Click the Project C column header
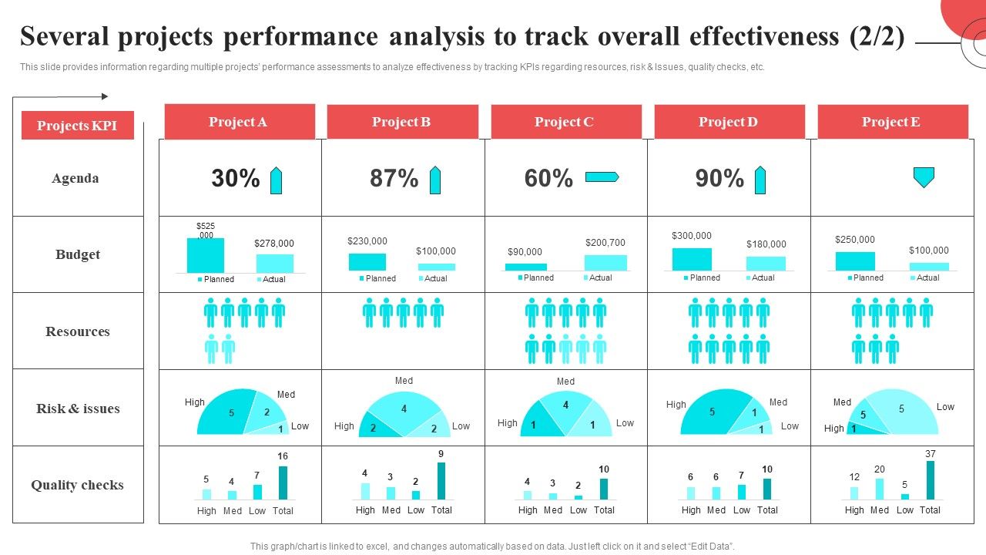coord(565,122)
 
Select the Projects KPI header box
coord(77,126)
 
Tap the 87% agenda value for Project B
coord(394,179)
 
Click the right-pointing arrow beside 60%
coord(602,177)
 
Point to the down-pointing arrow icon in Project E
coord(924,177)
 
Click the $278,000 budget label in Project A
coord(274,244)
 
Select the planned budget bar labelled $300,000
coord(692,259)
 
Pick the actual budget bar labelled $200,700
coord(605,263)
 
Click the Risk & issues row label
coord(78,409)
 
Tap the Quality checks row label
coord(77,485)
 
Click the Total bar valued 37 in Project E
coord(931,480)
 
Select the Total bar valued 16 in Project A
coord(283,483)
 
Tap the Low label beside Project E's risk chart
coord(945,407)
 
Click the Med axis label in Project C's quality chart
coord(553,510)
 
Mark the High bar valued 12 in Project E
coord(854,493)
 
